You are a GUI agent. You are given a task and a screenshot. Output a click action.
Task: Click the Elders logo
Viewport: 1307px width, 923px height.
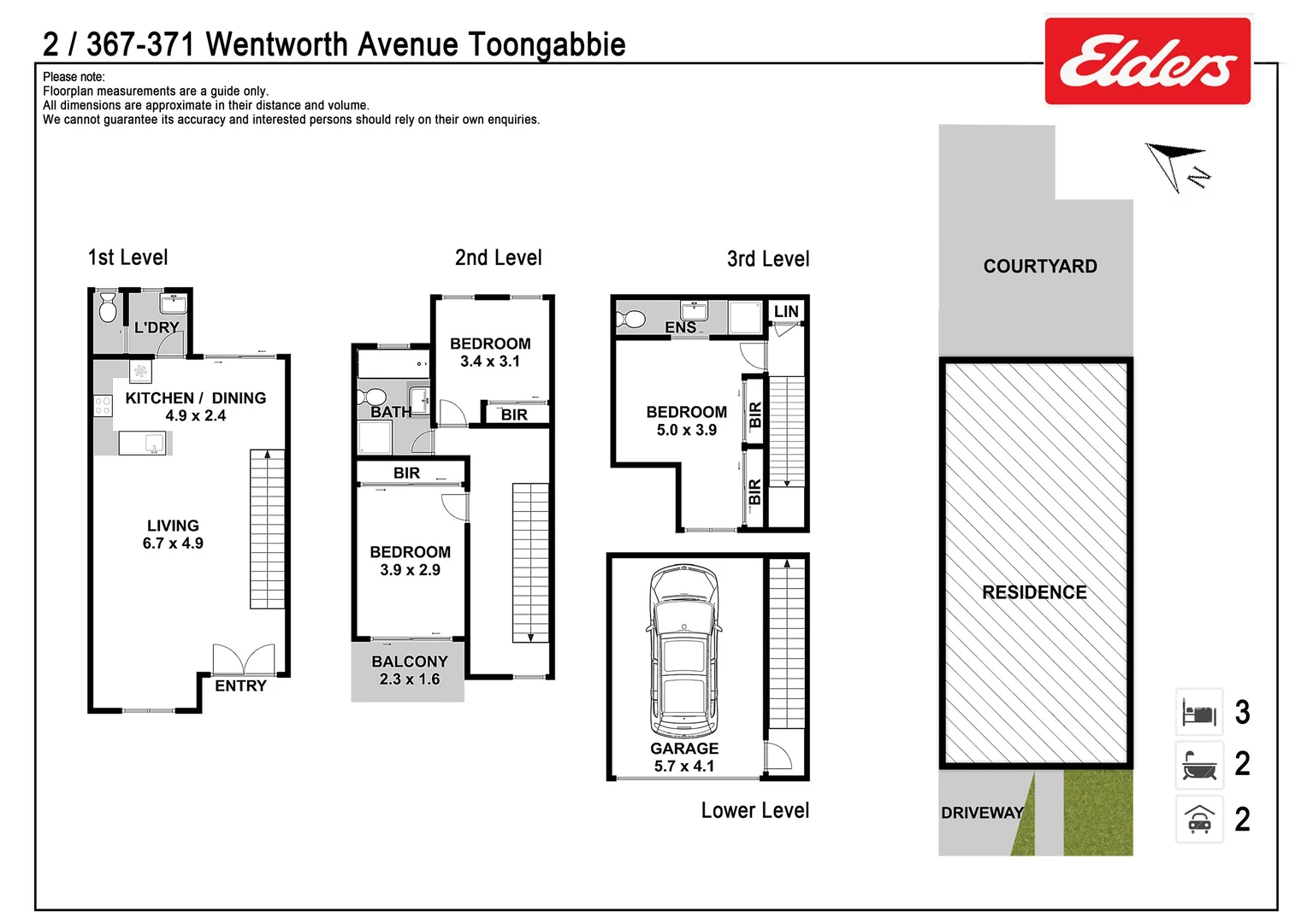1147,62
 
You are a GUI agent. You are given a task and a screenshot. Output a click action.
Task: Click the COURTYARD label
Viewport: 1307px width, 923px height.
1039,267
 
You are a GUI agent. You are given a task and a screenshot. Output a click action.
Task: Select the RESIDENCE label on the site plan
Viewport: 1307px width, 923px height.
1034,592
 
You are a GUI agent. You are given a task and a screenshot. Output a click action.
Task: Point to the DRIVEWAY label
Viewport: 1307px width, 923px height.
982,813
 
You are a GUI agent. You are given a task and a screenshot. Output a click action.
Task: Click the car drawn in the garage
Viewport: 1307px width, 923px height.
683,651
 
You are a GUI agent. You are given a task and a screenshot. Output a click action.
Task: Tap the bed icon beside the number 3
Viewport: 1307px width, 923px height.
1199,712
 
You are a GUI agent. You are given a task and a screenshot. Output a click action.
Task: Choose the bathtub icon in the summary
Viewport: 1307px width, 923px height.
1199,765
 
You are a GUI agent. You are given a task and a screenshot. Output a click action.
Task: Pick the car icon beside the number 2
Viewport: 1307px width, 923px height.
1199,820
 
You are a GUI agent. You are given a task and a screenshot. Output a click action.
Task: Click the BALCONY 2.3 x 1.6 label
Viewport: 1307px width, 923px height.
410,671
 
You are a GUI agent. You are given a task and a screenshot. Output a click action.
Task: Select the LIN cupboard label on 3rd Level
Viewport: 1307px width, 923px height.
786,312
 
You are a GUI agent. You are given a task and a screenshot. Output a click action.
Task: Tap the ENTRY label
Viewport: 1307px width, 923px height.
240,686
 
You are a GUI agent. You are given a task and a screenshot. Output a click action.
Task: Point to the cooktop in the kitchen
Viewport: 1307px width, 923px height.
103,405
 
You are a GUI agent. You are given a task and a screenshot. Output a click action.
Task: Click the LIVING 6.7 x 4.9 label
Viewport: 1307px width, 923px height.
173,535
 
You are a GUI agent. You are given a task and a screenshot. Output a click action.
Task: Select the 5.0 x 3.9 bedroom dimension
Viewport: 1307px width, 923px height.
687,431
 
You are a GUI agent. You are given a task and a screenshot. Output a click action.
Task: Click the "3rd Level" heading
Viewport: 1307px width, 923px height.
767,259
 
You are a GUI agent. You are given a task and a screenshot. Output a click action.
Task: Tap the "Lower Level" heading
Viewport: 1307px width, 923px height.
754,810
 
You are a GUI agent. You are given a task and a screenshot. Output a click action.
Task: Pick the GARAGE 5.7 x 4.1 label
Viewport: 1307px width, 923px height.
684,757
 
